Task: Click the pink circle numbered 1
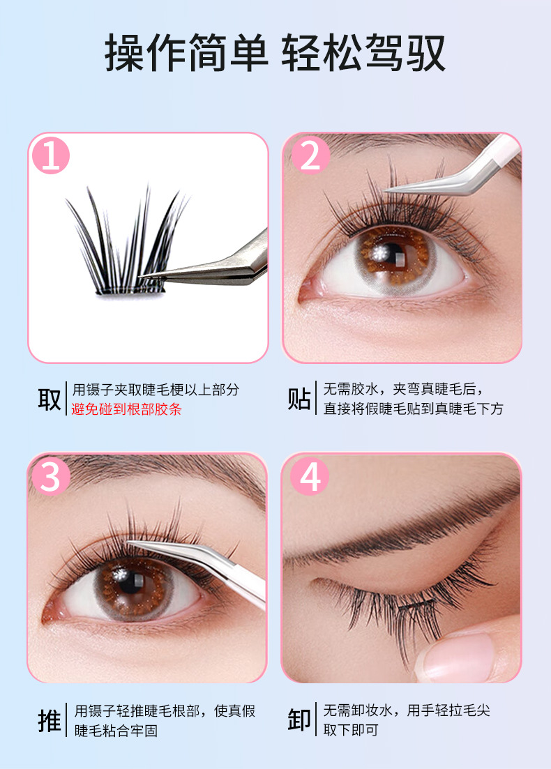point(51,156)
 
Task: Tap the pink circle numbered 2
point(310,156)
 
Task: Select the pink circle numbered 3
point(51,476)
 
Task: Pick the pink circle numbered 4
point(310,476)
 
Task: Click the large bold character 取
point(50,399)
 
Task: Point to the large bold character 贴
point(299,398)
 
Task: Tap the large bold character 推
point(50,721)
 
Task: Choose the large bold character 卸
point(299,720)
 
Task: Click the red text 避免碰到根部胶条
point(126,409)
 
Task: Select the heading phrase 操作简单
point(186,53)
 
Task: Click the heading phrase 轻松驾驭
point(363,53)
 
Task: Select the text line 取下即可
point(351,730)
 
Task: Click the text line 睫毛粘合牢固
point(116,731)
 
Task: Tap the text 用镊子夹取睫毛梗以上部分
point(156,390)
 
